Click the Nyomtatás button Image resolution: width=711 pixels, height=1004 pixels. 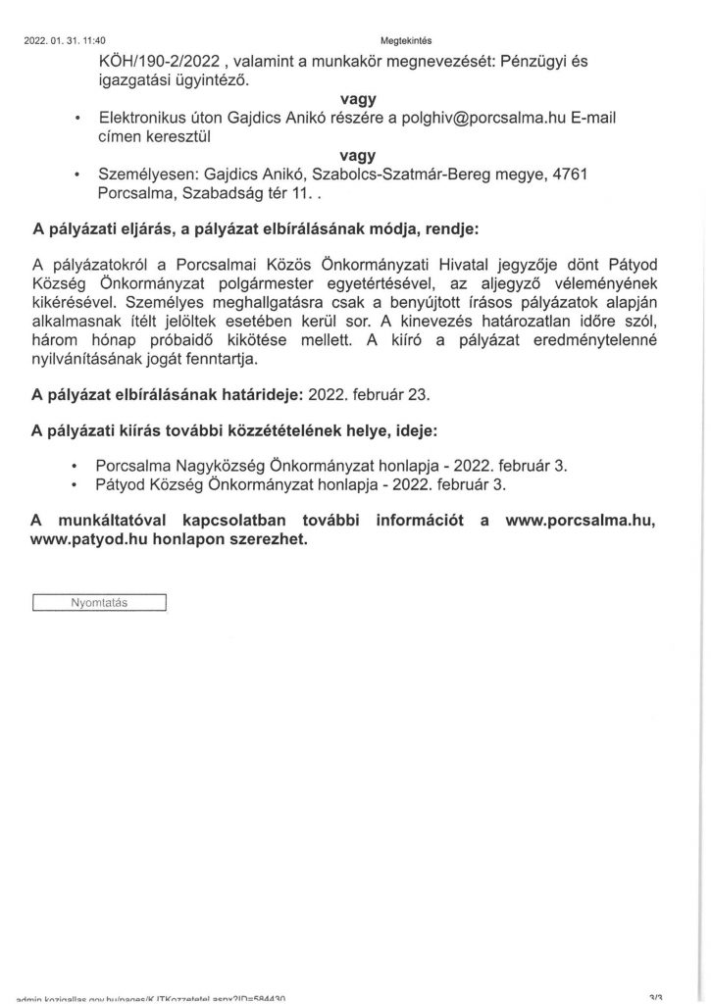pos(100,602)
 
